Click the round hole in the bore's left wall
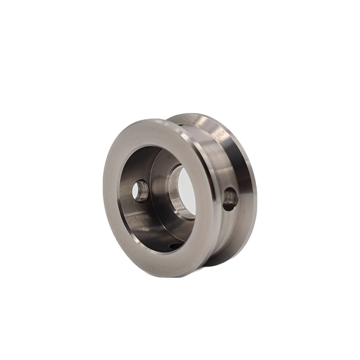[140, 191]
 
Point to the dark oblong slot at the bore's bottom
[175, 245]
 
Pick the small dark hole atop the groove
[180, 124]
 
